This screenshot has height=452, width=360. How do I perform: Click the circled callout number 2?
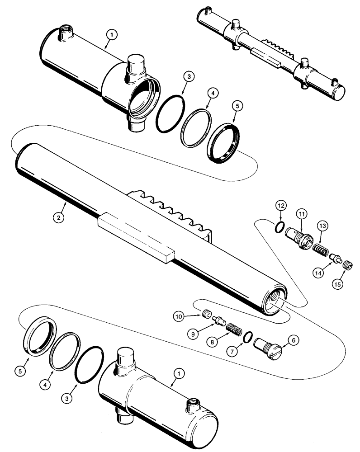click(x=58, y=218)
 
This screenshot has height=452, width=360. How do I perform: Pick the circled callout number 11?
click(x=301, y=212)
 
